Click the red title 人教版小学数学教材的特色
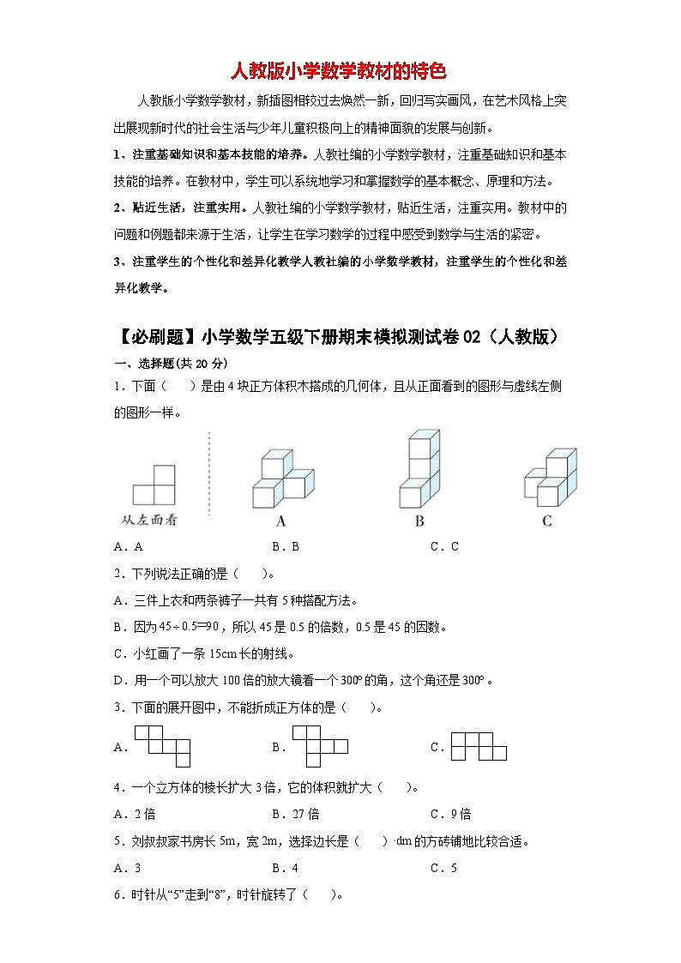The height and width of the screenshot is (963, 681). tap(340, 69)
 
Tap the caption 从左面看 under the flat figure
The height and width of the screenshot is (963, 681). tap(150, 520)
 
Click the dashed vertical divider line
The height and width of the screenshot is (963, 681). tap(210, 476)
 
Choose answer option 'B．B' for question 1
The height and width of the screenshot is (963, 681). tap(285, 546)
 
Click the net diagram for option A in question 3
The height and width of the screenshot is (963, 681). tap(161, 745)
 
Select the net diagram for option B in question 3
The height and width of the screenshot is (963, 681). tap(319, 745)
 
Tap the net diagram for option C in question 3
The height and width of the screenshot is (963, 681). tap(479, 746)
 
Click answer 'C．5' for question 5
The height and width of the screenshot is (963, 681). tap(443, 868)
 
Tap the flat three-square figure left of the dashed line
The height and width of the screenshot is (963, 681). tap(154, 485)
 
